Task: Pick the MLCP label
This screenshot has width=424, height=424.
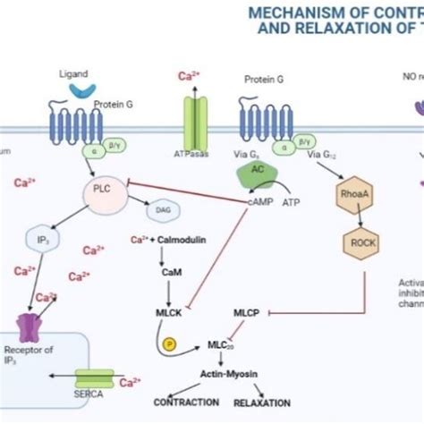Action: (246, 313)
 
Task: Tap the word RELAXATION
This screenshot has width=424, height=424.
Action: (263, 403)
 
